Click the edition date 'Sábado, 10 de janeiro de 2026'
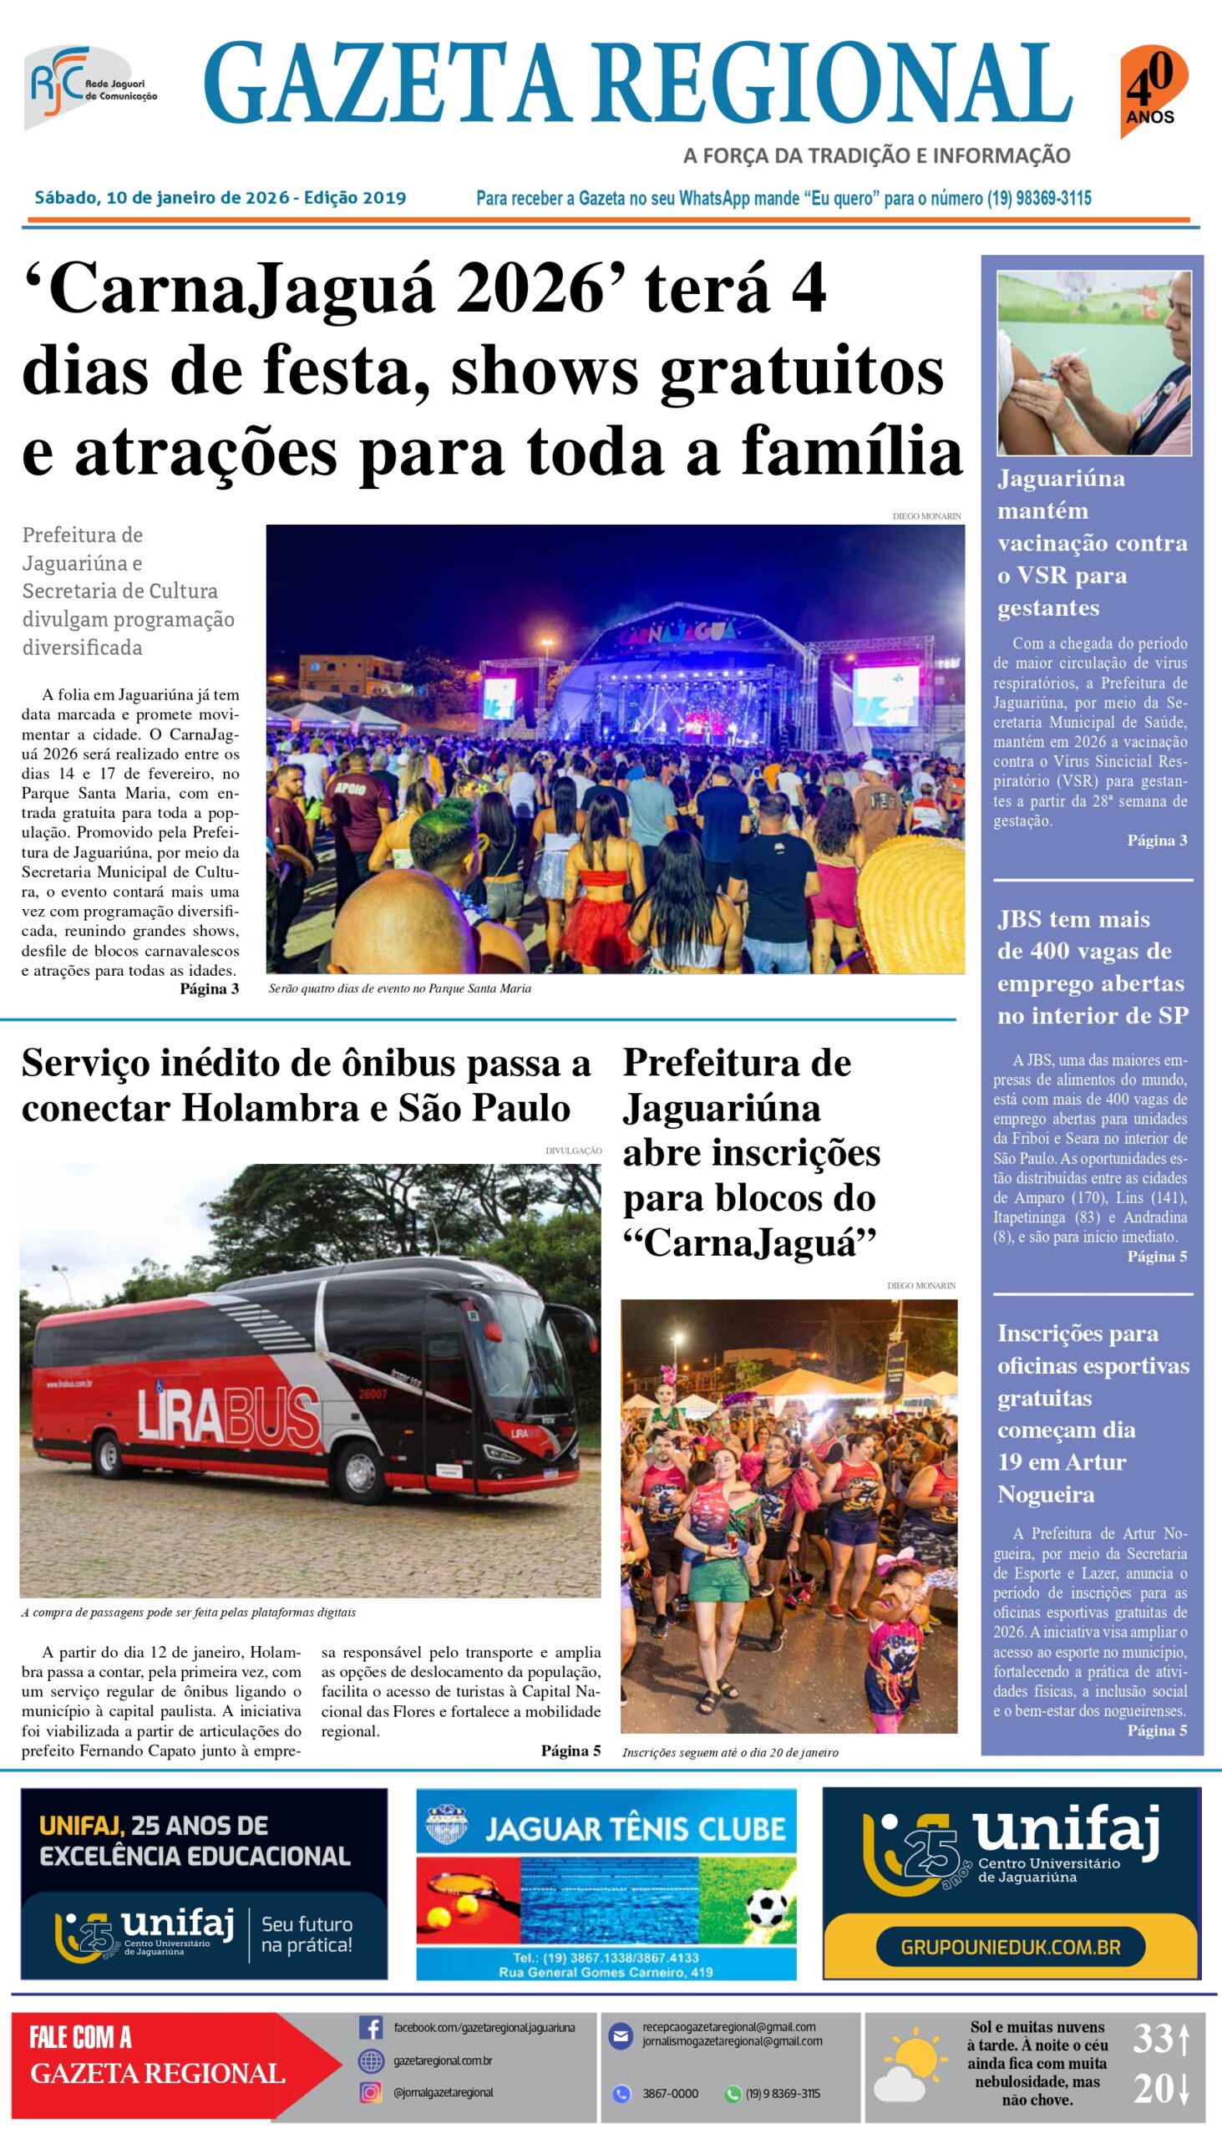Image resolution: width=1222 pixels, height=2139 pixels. [160, 198]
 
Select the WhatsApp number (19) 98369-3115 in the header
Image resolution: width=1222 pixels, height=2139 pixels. [1038, 199]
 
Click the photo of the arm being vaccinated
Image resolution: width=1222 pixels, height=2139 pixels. [1093, 363]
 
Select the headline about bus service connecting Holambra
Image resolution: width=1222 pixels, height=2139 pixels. [307, 1085]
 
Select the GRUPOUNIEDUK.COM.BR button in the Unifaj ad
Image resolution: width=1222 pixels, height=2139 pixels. [1010, 1947]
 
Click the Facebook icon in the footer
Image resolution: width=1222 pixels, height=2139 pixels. [370, 2027]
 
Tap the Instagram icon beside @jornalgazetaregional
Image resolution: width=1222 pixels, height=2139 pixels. [370, 2092]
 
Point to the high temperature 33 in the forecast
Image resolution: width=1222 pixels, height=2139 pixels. [1154, 2038]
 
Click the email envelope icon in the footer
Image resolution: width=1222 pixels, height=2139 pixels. [621, 2035]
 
